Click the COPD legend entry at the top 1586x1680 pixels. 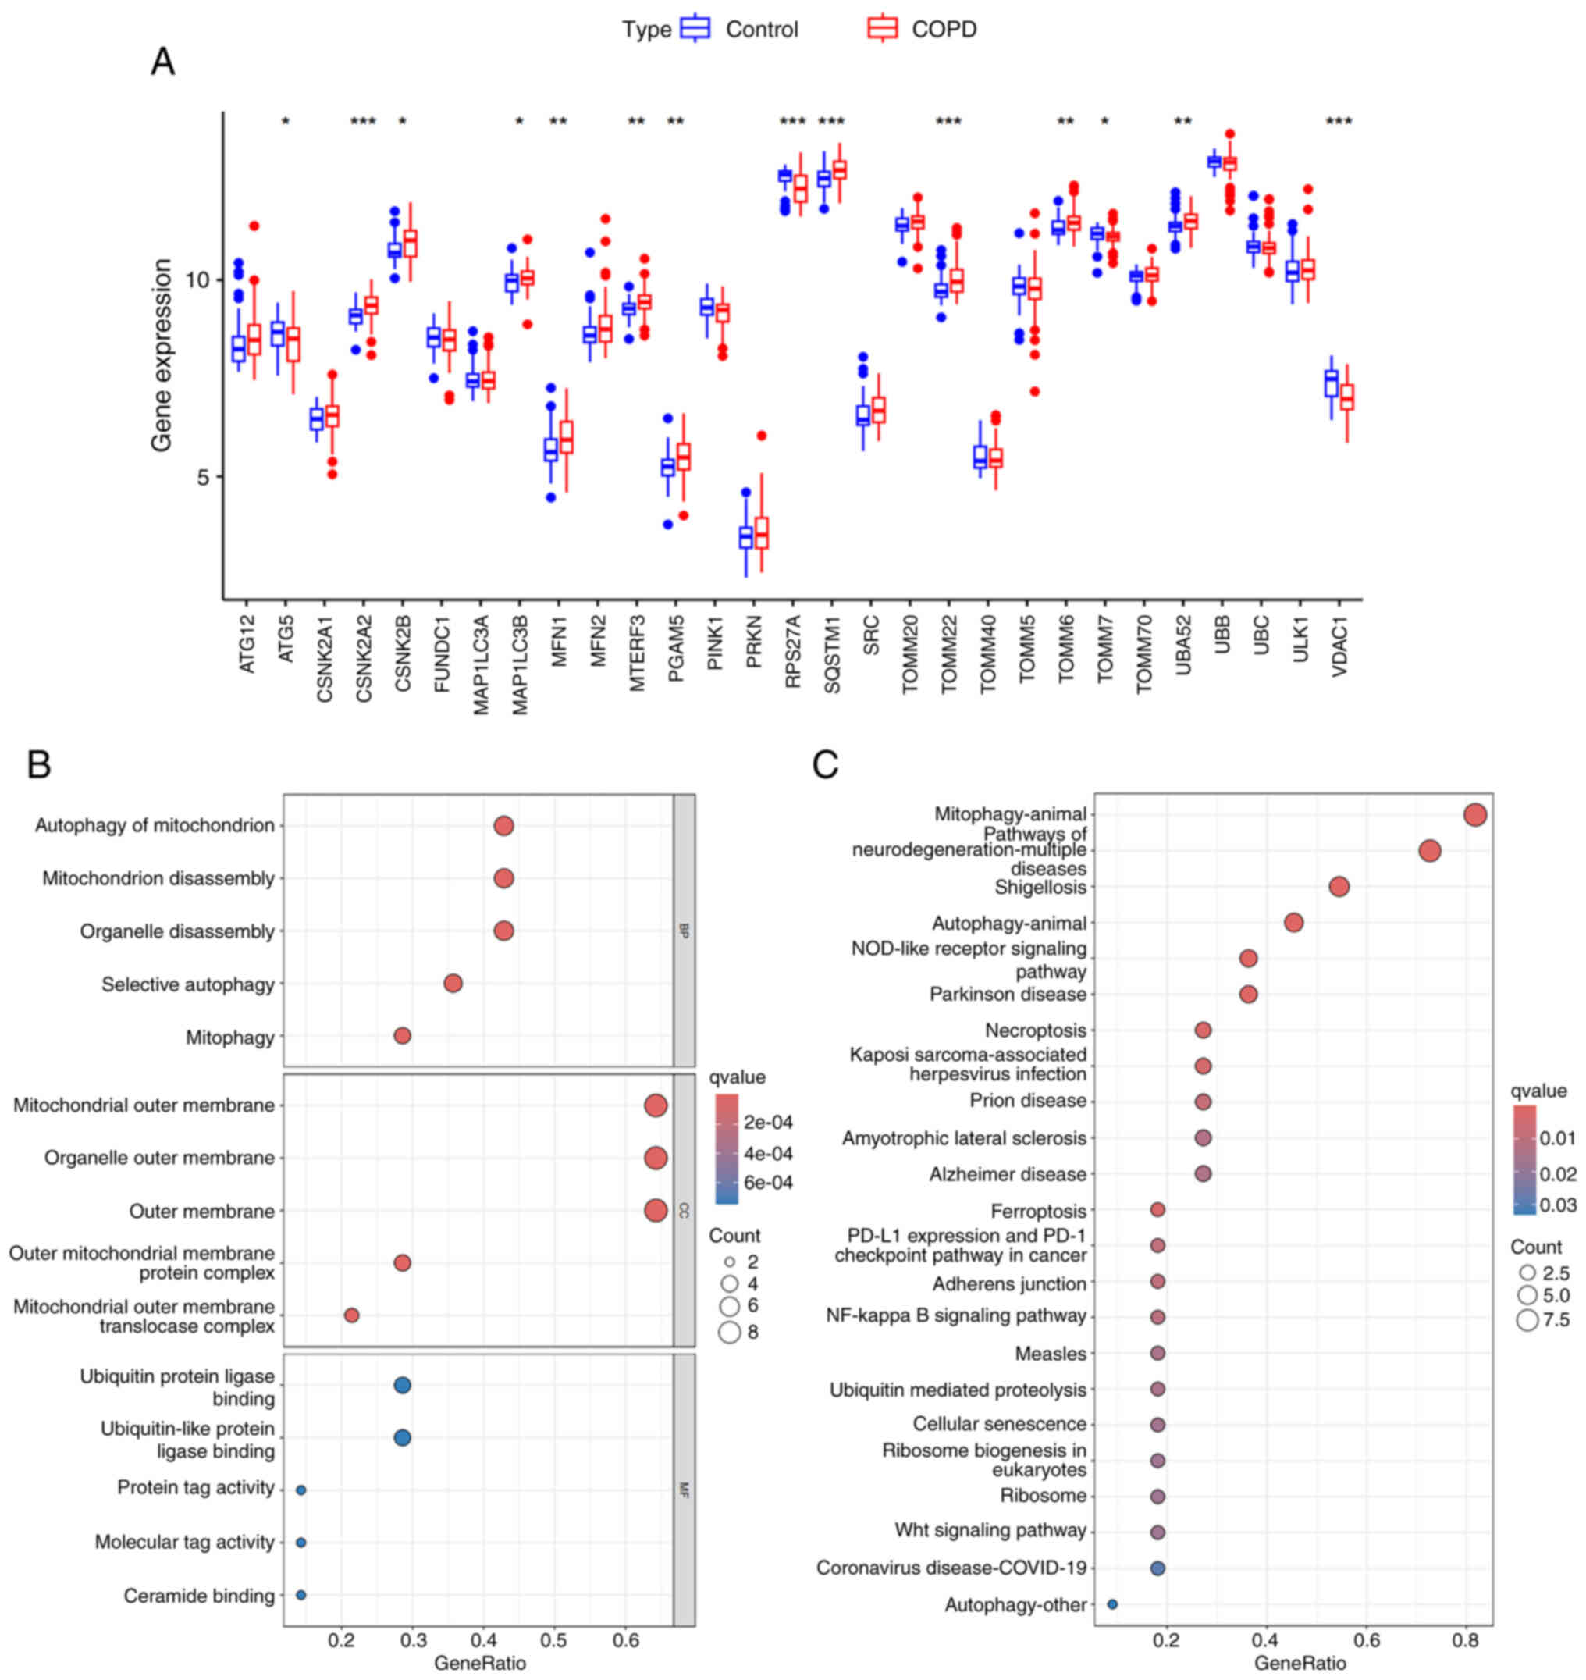click(x=944, y=30)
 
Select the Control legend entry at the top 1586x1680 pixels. click(x=761, y=30)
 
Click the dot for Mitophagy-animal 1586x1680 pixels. click(x=1475, y=814)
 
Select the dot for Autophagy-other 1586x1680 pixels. click(x=1112, y=1604)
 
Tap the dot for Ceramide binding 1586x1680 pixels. click(x=301, y=1595)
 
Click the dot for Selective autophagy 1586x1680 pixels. click(x=453, y=984)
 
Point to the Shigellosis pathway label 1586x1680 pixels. click(x=1040, y=887)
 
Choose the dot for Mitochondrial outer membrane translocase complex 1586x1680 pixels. click(x=352, y=1315)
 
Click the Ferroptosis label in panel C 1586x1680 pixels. click(x=1038, y=1211)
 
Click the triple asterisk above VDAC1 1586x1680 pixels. click(x=1339, y=122)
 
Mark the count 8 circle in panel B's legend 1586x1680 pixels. click(x=730, y=1333)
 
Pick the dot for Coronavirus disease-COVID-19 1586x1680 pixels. click(x=1158, y=1568)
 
